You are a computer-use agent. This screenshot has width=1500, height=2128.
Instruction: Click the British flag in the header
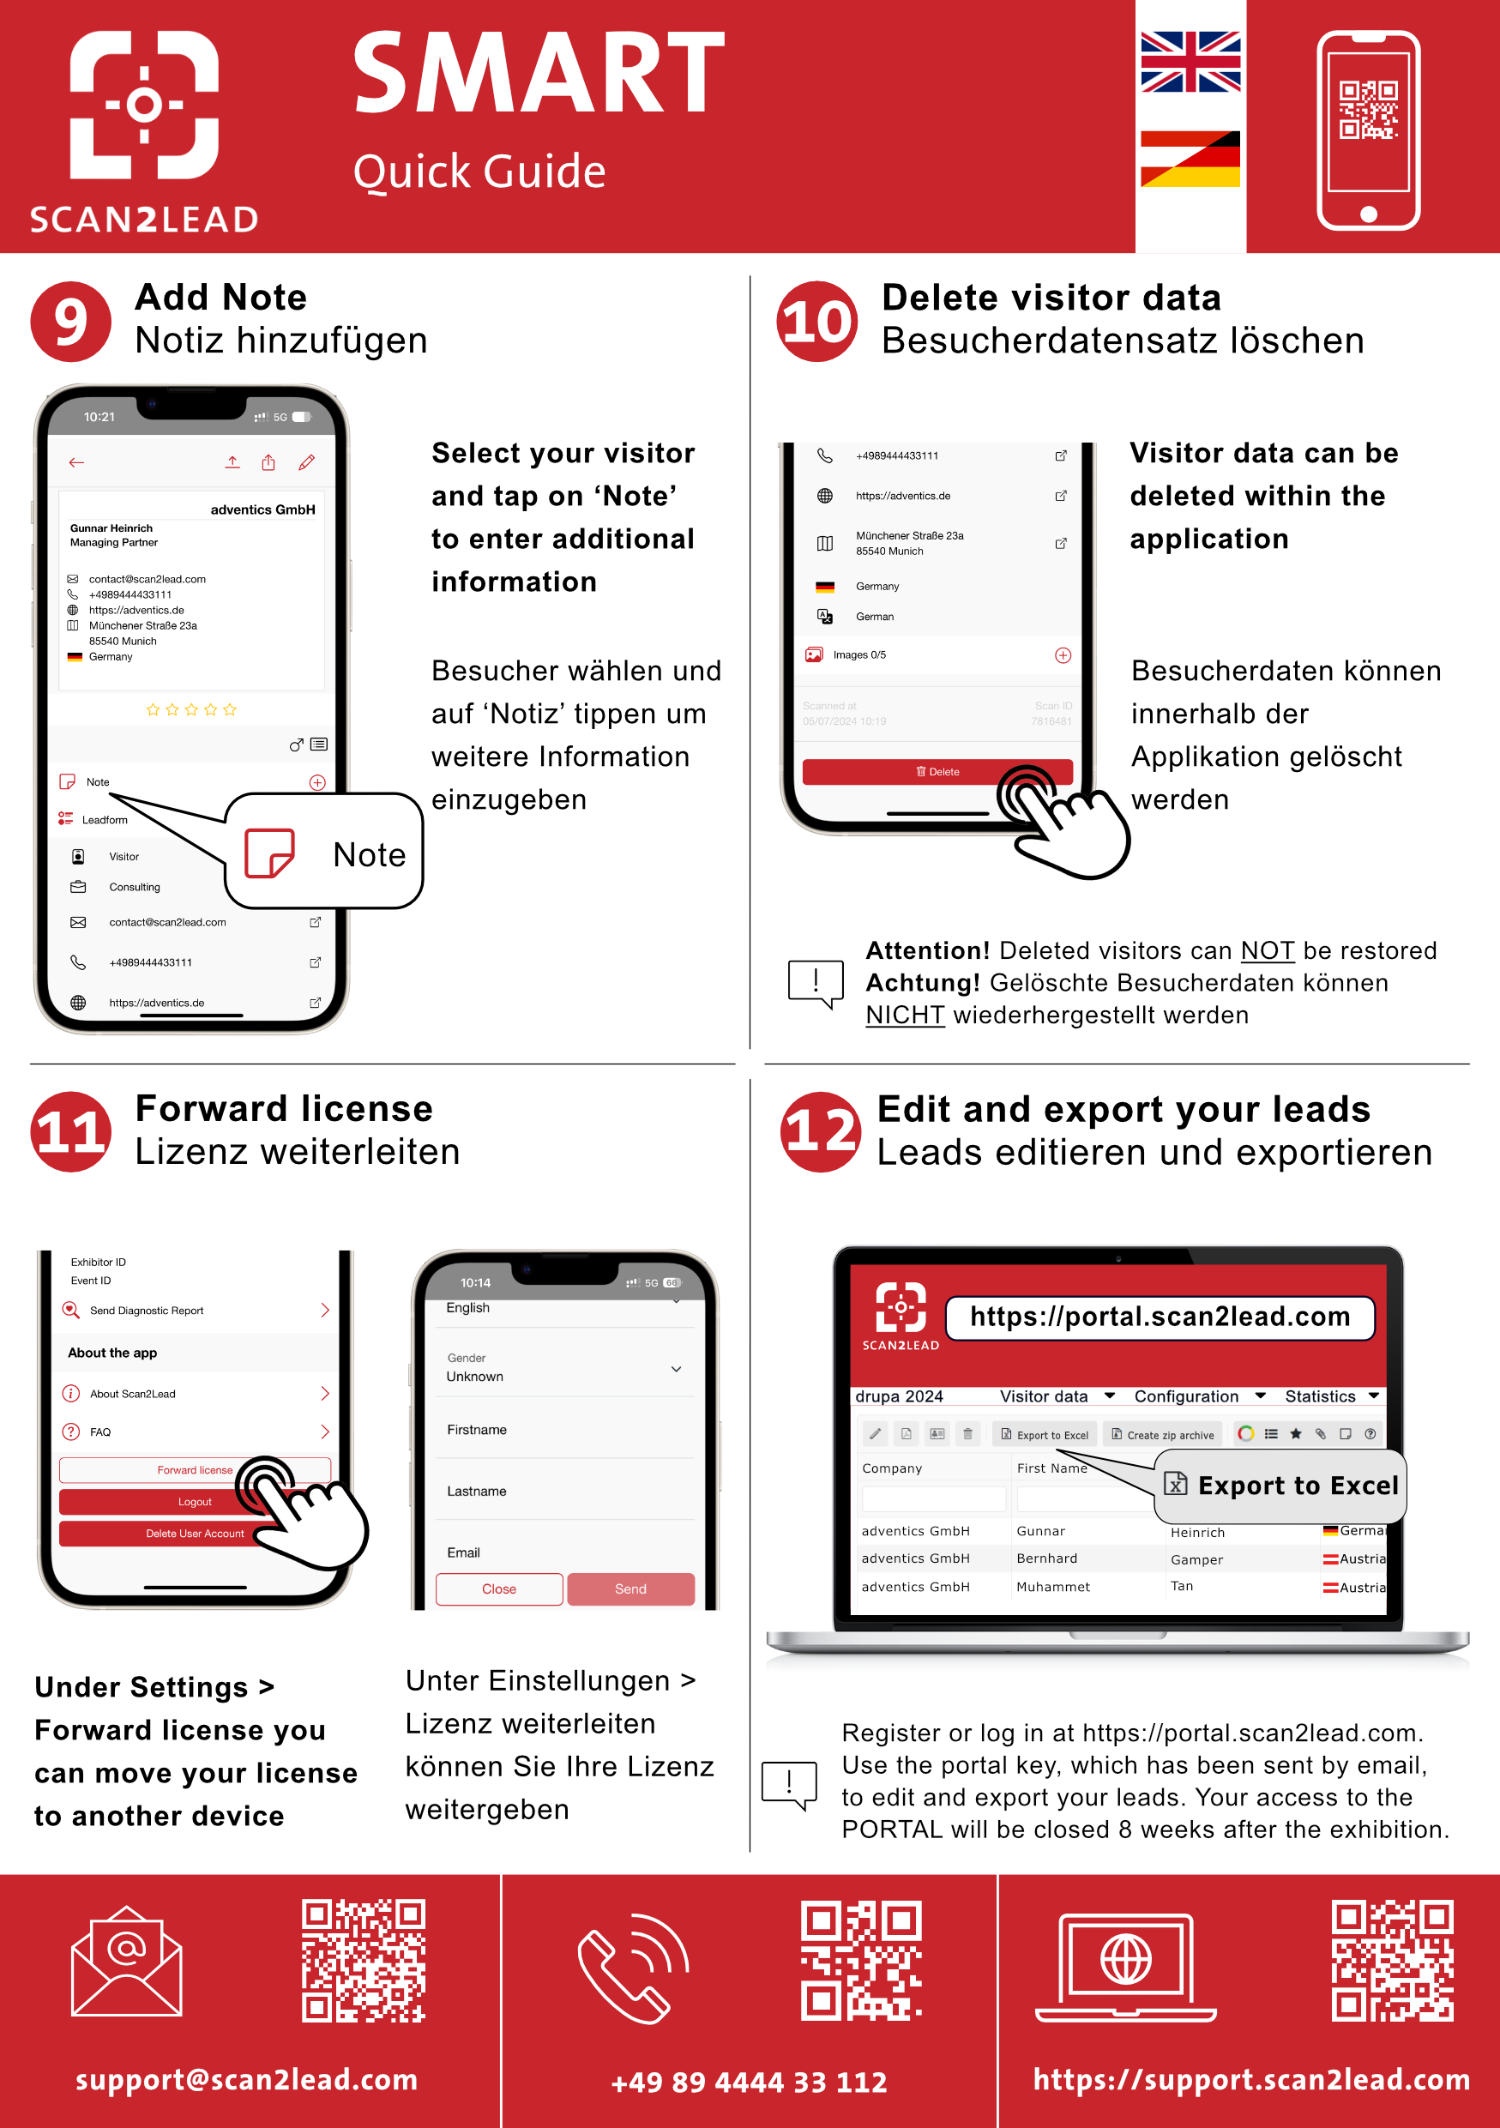1190,62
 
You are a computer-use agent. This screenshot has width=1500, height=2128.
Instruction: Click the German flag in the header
1190,159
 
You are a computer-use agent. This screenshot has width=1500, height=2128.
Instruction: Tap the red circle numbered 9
70,322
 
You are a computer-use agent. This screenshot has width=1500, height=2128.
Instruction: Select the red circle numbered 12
820,1131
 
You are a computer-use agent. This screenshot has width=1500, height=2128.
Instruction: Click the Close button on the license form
498,1588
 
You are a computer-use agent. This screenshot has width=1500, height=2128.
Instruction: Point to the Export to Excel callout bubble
1281,1486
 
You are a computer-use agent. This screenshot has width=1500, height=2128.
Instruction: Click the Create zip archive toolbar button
1163,1435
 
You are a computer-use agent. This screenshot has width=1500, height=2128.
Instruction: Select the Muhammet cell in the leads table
1052,1587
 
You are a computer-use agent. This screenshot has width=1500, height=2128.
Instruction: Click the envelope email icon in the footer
127,1962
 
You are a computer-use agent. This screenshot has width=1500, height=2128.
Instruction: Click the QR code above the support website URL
1392,1961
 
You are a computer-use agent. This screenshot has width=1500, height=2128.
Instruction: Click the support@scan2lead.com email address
246,2079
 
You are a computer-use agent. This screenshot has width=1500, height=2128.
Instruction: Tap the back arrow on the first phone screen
77,462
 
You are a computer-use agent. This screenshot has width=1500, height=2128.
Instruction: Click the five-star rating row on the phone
192,710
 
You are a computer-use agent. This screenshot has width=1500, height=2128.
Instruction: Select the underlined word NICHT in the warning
904,1016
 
